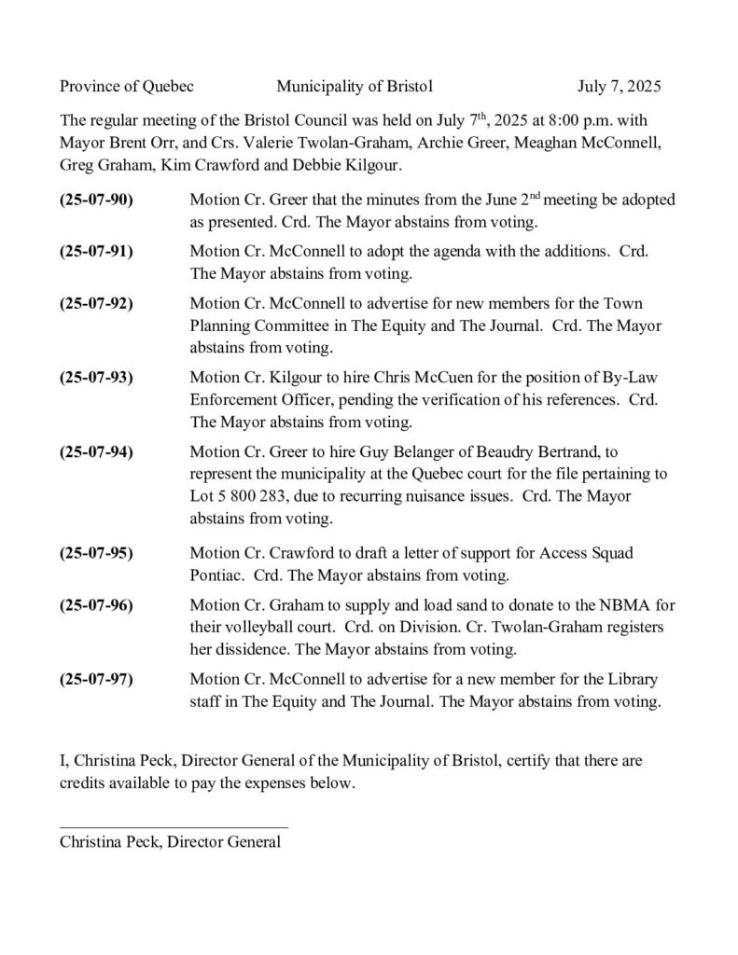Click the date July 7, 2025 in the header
click(619, 87)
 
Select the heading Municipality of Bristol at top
click(355, 87)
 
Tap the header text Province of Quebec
click(127, 87)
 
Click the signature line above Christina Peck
click(174, 825)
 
